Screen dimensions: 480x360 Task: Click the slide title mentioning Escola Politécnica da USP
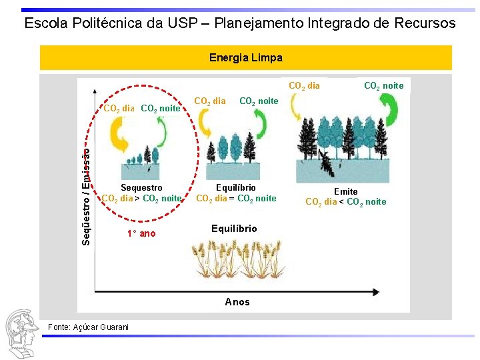click(x=240, y=23)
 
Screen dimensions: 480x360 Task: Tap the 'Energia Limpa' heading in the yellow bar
click(x=245, y=58)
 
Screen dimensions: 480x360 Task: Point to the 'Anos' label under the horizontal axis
click(x=237, y=302)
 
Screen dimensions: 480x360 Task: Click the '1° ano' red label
click(x=141, y=233)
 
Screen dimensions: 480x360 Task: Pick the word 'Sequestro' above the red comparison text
click(x=141, y=188)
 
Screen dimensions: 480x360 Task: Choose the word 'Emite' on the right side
click(x=345, y=191)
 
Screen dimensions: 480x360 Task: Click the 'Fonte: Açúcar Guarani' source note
click(x=89, y=327)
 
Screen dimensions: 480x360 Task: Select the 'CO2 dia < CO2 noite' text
click(x=345, y=202)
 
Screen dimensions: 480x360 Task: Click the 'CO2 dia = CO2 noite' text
click(x=236, y=198)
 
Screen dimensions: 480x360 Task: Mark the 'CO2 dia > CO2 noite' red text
click(x=141, y=198)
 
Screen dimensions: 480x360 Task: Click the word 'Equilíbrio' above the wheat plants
click(x=234, y=229)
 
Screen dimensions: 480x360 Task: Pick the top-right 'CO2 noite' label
click(x=383, y=85)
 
